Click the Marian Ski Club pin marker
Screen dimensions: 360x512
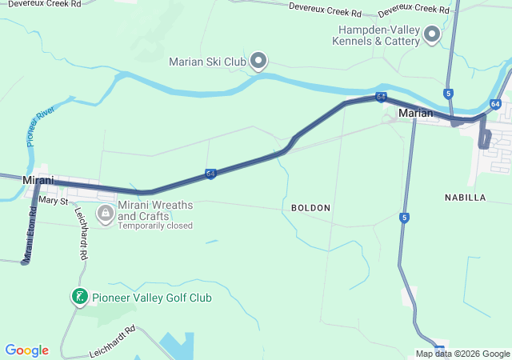pos(258,61)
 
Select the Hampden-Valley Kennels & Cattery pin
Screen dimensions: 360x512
pos(432,34)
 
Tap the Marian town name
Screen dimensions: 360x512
pos(415,113)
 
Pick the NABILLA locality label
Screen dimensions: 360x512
pos(465,197)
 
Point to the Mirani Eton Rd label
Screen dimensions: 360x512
pos(30,235)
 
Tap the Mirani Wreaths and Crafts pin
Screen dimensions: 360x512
pos(105,214)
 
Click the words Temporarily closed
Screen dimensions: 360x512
pos(155,226)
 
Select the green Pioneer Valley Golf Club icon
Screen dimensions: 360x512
pos(79,298)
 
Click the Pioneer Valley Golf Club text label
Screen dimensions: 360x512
pos(151,298)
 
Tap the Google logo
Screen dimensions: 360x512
pos(26,350)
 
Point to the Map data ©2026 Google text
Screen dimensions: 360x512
pos(462,354)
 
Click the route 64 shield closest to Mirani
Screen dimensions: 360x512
pos(210,173)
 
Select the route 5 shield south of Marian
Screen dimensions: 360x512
pos(405,218)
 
